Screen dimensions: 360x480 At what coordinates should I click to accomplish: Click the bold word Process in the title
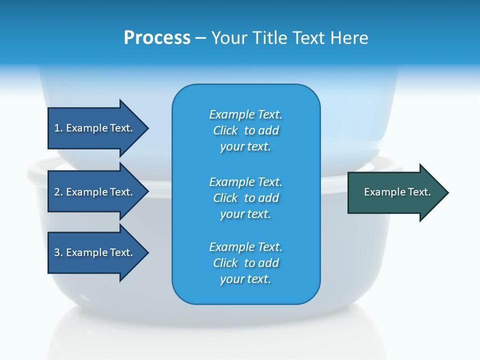(157, 38)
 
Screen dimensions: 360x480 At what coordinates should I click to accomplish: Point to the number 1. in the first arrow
(58, 128)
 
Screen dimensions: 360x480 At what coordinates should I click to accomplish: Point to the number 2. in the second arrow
(58, 192)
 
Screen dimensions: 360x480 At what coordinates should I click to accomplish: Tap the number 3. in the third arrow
(58, 252)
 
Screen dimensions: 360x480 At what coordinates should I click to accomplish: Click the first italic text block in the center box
(245, 130)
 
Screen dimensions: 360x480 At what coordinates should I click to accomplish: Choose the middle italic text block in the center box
(245, 198)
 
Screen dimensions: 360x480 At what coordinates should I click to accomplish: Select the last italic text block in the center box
(245, 263)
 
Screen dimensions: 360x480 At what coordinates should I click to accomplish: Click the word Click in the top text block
(225, 130)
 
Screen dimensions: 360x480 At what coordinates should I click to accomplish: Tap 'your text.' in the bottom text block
(245, 279)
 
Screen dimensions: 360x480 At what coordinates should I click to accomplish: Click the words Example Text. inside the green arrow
(397, 192)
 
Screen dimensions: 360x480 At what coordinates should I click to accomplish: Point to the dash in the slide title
(200, 38)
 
